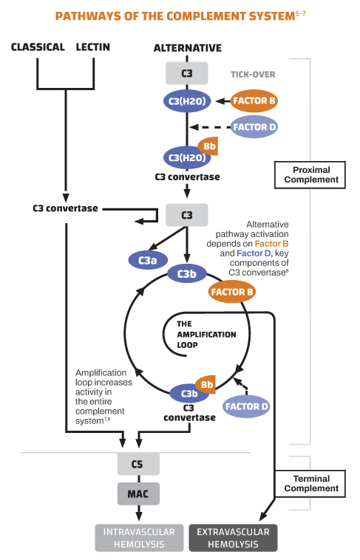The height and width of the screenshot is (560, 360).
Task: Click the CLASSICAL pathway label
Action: [x=38, y=48]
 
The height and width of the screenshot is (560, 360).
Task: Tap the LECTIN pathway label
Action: [x=93, y=48]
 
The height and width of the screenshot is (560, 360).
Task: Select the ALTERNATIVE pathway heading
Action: [x=187, y=48]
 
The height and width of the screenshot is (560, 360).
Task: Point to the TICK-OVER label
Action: [x=254, y=75]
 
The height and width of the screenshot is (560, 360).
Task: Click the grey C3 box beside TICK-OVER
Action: [x=187, y=72]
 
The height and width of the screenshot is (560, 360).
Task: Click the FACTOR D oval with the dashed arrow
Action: [x=255, y=127]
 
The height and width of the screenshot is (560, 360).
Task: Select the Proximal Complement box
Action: [x=311, y=175]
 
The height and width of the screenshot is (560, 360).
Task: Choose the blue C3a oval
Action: [x=147, y=259]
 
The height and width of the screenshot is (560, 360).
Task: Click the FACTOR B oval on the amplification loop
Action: [x=233, y=292]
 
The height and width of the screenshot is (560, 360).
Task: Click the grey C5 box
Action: [x=137, y=464]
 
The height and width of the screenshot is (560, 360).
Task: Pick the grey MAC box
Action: [x=137, y=493]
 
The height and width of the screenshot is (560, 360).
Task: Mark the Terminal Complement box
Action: [x=311, y=483]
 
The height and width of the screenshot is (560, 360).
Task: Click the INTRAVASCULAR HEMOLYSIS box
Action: [x=139, y=538]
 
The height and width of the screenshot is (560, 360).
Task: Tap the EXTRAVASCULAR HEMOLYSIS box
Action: [x=234, y=538]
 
